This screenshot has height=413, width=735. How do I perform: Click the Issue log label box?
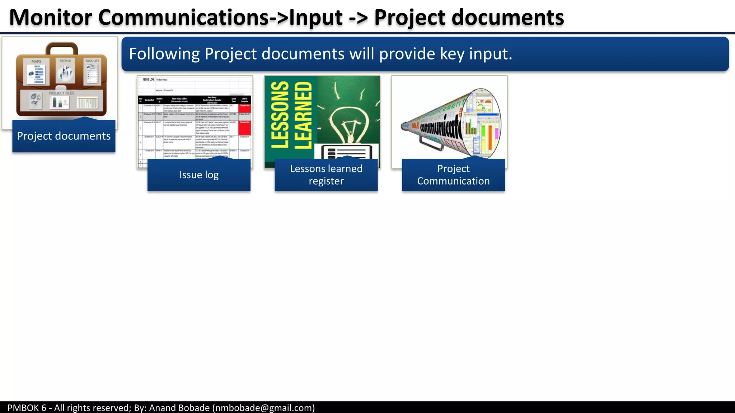point(199,175)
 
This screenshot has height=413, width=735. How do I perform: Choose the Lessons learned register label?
point(326,175)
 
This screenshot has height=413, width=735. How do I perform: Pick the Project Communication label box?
point(453,175)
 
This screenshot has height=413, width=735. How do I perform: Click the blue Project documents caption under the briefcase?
point(64,136)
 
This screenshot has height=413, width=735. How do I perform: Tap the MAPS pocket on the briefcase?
point(36,72)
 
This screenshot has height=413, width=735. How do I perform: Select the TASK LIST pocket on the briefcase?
point(92,71)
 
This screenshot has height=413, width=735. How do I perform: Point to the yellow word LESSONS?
point(280,115)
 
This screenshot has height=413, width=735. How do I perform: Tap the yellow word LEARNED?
point(304,115)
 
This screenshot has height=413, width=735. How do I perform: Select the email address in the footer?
point(263,408)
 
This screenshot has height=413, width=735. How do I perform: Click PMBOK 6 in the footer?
point(27,408)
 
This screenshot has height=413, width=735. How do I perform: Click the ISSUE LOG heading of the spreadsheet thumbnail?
point(149,80)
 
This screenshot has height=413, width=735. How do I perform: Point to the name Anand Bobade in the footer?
point(179,408)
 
